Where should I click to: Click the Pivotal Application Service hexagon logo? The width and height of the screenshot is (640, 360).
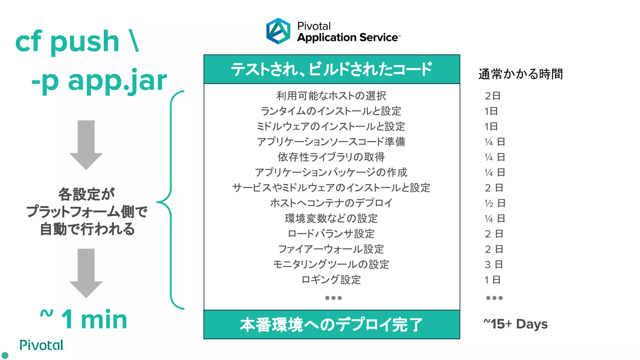(x=278, y=31)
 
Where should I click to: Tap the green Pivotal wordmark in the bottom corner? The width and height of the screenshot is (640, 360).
(x=42, y=345)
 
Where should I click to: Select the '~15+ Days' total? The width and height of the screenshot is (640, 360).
(x=515, y=324)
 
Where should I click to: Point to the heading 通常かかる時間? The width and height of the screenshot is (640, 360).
(x=520, y=74)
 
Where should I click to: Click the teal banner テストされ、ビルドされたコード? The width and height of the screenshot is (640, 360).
(x=332, y=69)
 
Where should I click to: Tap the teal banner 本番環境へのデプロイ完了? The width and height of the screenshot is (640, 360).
(x=332, y=325)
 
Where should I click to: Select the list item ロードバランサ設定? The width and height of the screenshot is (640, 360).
(x=331, y=234)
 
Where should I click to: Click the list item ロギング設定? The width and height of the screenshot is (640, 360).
(x=331, y=280)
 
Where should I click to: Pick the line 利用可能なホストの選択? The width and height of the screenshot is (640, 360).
(x=331, y=96)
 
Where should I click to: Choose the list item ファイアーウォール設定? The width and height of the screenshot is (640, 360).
(x=331, y=249)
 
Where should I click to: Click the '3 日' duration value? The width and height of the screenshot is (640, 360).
(x=494, y=264)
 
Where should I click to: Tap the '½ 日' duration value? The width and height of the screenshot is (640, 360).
(x=495, y=203)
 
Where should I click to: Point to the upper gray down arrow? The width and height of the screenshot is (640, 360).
(x=86, y=144)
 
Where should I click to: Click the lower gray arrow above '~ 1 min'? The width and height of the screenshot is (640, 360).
(x=86, y=272)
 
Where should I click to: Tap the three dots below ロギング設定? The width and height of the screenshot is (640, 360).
(x=333, y=298)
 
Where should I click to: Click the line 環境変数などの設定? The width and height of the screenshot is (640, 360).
(x=331, y=218)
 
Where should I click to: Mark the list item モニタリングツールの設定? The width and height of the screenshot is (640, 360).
(x=331, y=264)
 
